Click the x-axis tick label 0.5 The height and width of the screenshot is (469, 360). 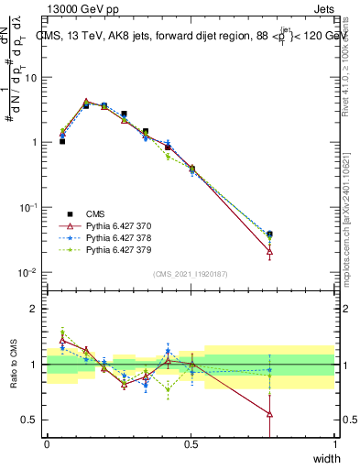191,444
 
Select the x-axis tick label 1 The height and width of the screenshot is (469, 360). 335,444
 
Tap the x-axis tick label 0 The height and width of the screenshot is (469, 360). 47,444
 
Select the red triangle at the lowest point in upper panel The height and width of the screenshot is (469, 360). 269,251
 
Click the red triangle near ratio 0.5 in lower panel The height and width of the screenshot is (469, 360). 269,414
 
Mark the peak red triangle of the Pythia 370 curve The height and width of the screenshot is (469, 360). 86,102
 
